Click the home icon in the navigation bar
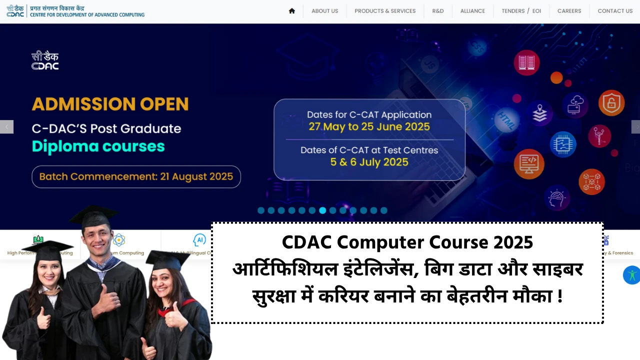[292, 11]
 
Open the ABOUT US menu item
[324, 11]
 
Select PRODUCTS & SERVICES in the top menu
[385, 11]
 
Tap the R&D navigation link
[438, 11]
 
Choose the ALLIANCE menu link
[472, 11]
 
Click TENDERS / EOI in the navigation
[521, 11]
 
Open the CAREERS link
[569, 11]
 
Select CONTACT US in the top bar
[615, 11]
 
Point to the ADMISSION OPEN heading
[110, 104]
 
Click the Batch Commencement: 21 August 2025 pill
[136, 176]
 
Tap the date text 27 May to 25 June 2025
[369, 126]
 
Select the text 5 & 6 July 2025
[369, 162]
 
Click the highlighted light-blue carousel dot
[322, 210]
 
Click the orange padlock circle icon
[611, 103]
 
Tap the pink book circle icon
[526, 62]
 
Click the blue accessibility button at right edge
[632, 275]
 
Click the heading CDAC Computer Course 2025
[407, 243]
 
